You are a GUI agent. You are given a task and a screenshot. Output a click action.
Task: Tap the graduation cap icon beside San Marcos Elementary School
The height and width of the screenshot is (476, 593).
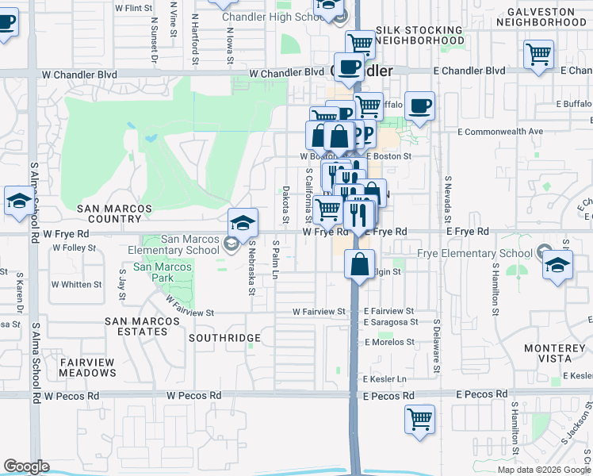[243, 221]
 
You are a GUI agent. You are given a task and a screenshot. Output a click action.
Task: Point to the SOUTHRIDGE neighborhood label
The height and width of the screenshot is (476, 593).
[224, 338]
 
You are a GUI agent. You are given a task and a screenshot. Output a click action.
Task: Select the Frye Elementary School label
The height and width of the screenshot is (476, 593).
[474, 254]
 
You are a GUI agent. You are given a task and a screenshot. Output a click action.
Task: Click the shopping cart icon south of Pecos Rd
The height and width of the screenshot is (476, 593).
[419, 418]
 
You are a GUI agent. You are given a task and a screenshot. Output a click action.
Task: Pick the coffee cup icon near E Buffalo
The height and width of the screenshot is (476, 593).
[421, 107]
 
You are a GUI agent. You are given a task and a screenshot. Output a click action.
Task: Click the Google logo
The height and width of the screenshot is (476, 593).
[26, 466]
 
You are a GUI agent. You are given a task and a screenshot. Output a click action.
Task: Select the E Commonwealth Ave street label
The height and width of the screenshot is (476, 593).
[499, 131]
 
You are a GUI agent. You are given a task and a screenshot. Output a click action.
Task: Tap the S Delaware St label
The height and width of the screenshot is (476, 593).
[436, 347]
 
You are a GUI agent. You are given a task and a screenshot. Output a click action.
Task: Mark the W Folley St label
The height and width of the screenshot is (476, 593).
[74, 248]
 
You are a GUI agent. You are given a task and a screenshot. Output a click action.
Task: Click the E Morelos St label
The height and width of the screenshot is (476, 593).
[389, 342]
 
